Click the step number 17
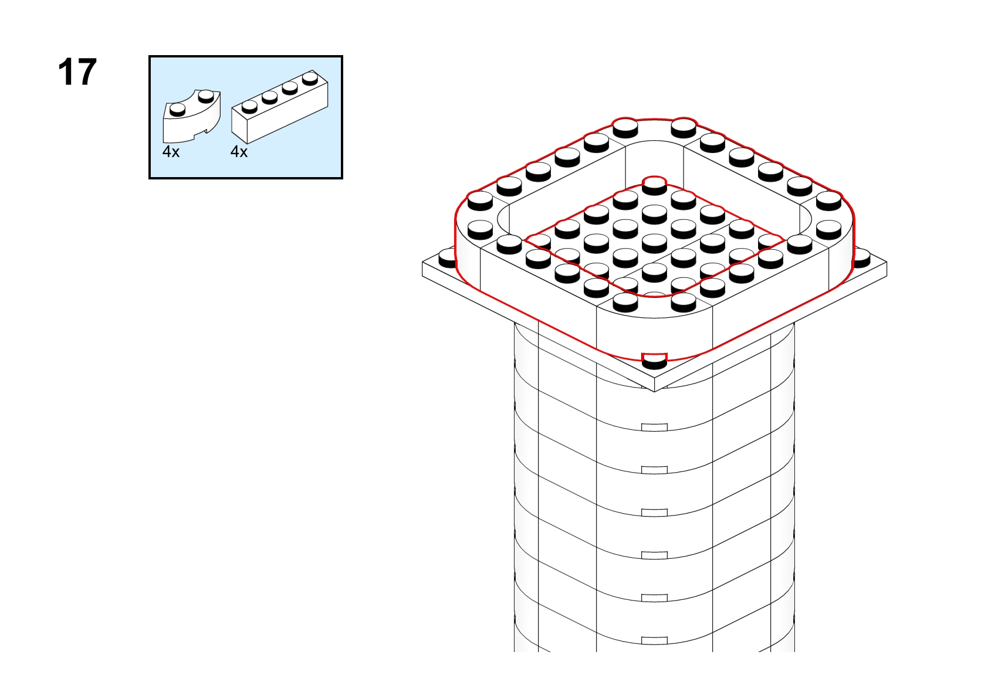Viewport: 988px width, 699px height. (x=77, y=72)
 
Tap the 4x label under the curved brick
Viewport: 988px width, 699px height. (x=171, y=152)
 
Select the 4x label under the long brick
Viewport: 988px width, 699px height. (x=239, y=152)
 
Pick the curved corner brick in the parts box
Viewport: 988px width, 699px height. (x=191, y=116)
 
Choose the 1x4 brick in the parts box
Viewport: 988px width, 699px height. (x=280, y=107)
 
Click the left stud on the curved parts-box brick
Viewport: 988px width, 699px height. (x=177, y=110)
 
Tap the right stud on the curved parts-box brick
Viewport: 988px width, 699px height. (x=205, y=96)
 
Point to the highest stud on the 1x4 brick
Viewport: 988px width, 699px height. (x=310, y=78)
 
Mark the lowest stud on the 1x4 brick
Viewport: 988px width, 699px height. (x=249, y=107)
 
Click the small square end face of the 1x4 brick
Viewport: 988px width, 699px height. (x=239, y=124)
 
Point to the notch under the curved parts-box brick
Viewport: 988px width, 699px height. (x=205, y=131)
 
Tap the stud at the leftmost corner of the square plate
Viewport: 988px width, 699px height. (x=447, y=259)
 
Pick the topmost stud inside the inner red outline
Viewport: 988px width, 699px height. (x=654, y=185)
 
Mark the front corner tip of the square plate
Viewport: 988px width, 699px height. (x=654, y=391)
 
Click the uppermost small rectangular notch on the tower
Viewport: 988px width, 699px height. (x=654, y=427)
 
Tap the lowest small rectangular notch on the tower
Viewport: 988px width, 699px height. (x=654, y=640)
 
